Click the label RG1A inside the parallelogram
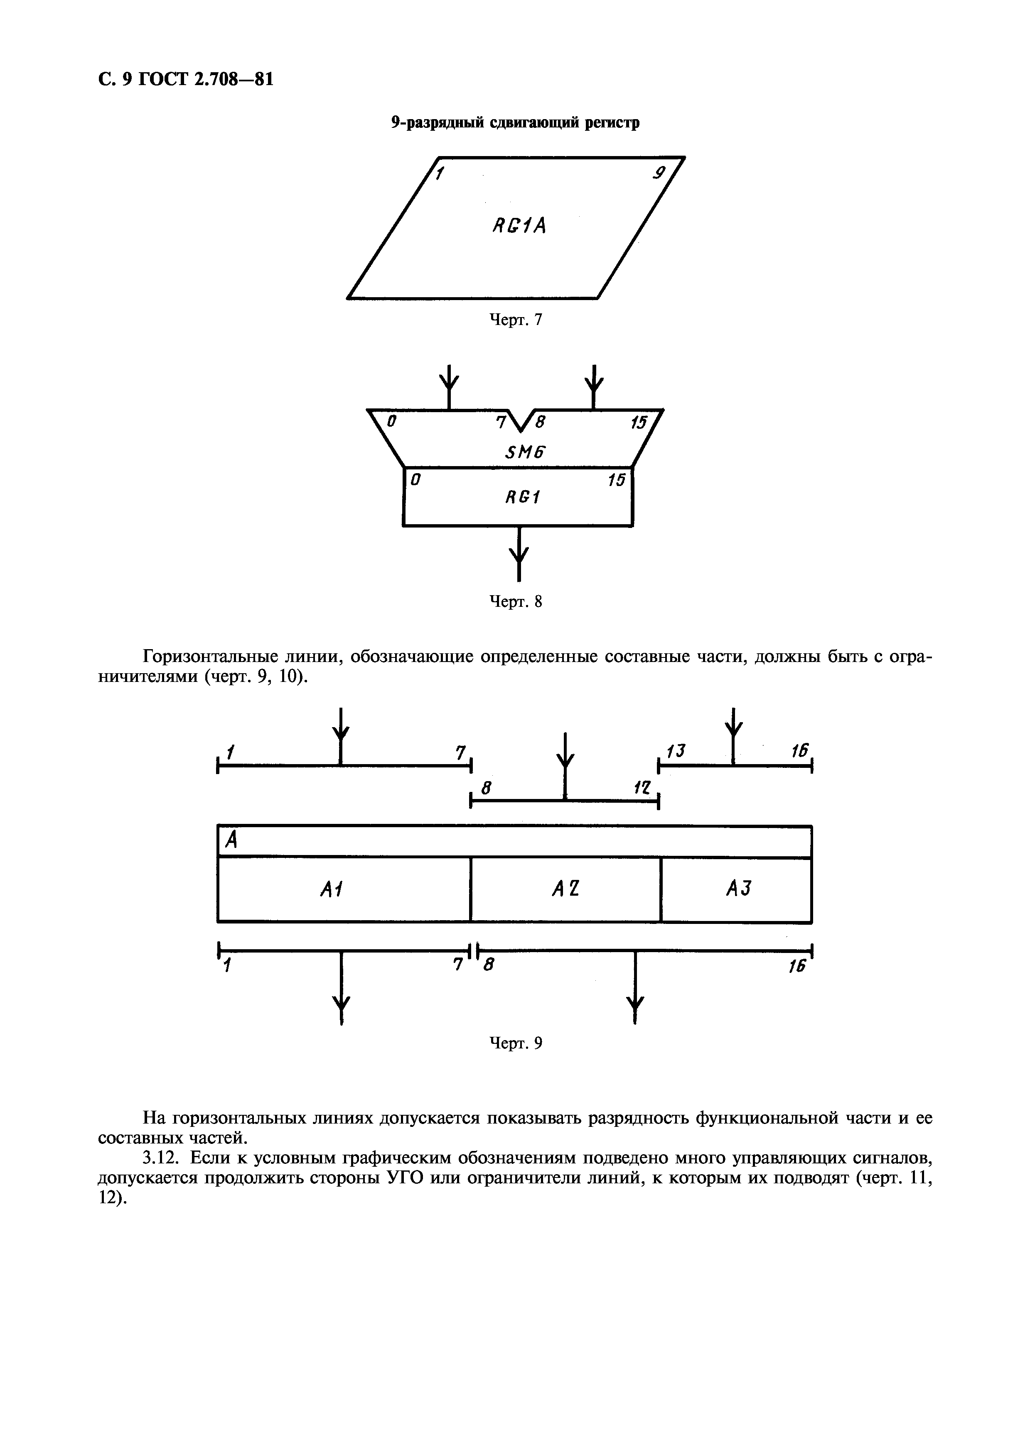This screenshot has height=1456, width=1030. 519,225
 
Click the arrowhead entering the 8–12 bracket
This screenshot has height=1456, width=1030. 565,760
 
